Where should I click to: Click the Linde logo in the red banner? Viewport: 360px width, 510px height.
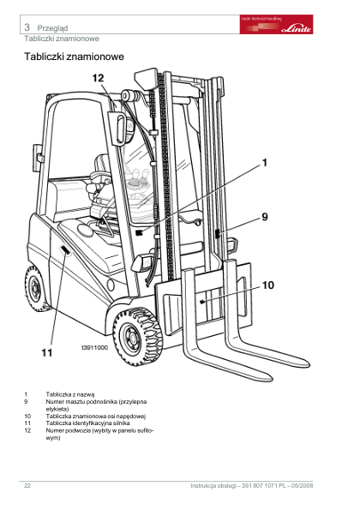[x=296, y=29]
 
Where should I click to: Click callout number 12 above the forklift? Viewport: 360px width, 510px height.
[x=98, y=78]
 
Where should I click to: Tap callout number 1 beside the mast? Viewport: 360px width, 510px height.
[x=265, y=163]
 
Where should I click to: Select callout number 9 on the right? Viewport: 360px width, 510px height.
[x=265, y=217]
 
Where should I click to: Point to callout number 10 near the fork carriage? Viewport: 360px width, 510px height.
[x=268, y=285]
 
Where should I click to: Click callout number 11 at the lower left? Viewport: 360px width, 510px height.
[x=47, y=352]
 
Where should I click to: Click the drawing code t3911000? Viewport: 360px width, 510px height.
[x=94, y=348]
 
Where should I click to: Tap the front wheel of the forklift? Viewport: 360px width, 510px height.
[x=137, y=338]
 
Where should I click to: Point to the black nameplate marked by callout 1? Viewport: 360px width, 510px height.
[x=140, y=233]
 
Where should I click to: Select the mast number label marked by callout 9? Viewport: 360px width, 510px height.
[x=217, y=234]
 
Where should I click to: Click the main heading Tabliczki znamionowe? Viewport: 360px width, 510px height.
[x=75, y=57]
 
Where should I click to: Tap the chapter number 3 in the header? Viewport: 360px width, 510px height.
[x=27, y=27]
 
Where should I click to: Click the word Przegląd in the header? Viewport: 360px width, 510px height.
[x=52, y=28]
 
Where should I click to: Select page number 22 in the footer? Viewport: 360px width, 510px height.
[x=27, y=486]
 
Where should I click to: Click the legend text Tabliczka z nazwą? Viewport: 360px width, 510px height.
[x=70, y=394]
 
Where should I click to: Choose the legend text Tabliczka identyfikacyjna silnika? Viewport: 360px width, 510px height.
[x=87, y=423]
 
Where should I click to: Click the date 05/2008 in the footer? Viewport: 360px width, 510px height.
[x=303, y=486]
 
